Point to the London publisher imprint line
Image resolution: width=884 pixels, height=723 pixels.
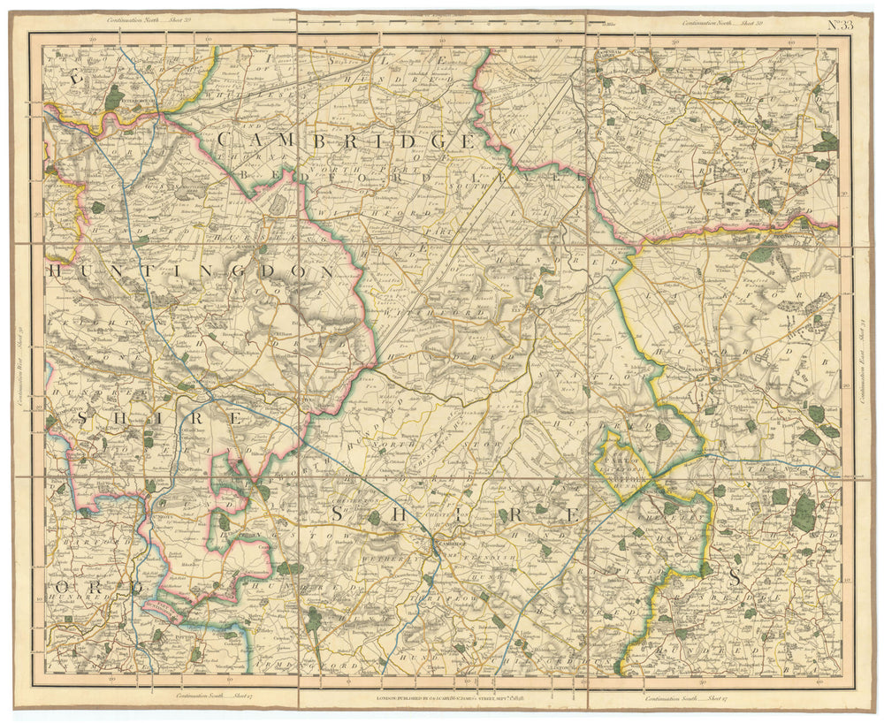(x=442, y=697)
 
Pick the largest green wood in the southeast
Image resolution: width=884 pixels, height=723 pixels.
(x=804, y=513)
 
